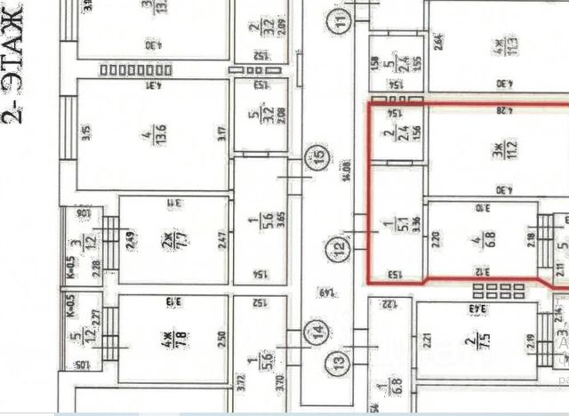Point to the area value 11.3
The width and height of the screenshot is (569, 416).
click(x=499, y=41)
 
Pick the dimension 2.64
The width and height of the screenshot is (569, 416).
click(x=438, y=41)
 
